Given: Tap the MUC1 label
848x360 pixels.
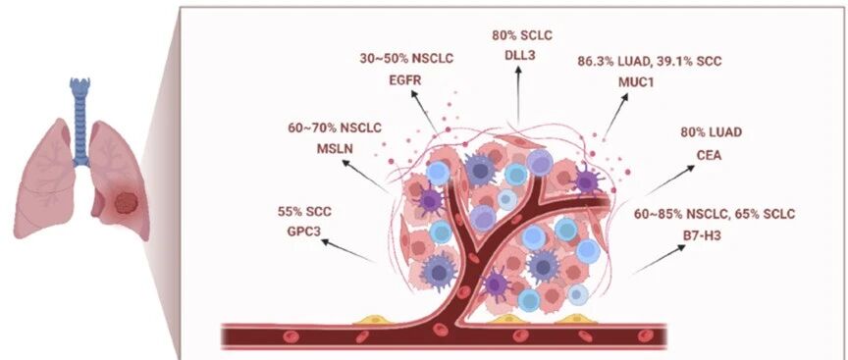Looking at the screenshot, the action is pyautogui.click(x=636, y=82).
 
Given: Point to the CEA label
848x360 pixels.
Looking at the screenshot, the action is pyautogui.click(x=709, y=156).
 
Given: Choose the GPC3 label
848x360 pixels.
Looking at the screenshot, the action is pyautogui.click(x=304, y=231).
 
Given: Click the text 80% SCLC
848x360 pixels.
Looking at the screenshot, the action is pyautogui.click(x=522, y=35).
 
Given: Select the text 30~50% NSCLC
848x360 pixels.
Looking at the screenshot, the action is pyautogui.click(x=406, y=59).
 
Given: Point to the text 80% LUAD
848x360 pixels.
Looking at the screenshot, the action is pyautogui.click(x=712, y=131).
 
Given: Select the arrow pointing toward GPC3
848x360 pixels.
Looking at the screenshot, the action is pyautogui.click(x=347, y=250).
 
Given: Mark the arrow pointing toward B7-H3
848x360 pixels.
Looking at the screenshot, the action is pyautogui.click(x=659, y=260).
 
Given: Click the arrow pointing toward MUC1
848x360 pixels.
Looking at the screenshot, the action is pyautogui.click(x=616, y=115).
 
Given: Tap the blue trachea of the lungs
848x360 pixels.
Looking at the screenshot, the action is pyautogui.click(x=80, y=122).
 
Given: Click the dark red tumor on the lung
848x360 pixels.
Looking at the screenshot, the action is pyautogui.click(x=127, y=204).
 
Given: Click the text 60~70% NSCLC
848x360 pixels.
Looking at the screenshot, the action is pyautogui.click(x=335, y=128).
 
